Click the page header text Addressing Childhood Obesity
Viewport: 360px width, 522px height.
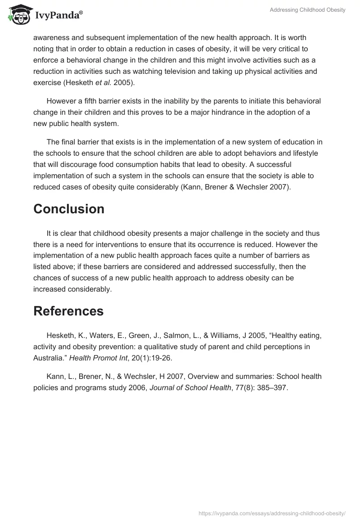point(307,10)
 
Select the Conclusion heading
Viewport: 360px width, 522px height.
point(69,209)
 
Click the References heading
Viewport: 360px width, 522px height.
point(68,311)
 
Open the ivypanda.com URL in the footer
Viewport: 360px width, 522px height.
point(272,513)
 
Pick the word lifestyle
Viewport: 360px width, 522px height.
point(303,153)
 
